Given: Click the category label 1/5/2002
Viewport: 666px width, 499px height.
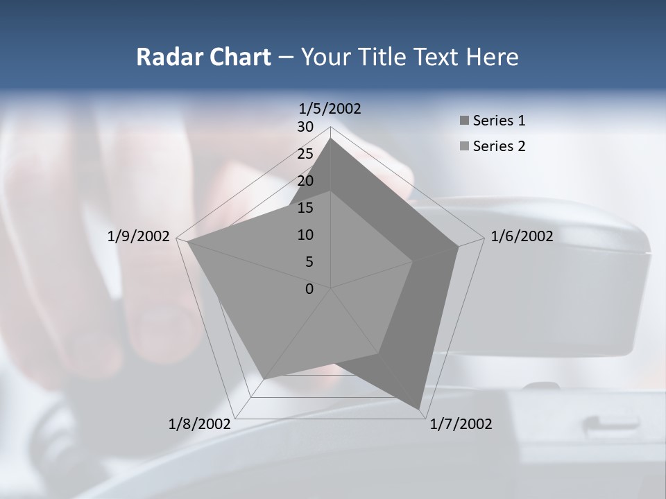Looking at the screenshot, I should click(330, 109).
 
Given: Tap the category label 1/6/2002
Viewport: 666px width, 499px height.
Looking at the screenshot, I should click(522, 236).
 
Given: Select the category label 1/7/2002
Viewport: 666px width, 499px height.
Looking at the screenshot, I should click(461, 424).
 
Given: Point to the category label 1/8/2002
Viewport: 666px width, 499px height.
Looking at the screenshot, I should click(199, 424).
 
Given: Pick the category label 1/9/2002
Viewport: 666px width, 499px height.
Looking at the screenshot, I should click(139, 236).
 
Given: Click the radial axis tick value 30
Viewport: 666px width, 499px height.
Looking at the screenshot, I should click(305, 127).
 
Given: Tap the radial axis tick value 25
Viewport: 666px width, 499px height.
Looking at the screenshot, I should click(305, 154).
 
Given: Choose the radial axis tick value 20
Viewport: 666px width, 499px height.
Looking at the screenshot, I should click(305, 181).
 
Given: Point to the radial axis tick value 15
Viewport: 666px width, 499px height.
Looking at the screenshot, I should click(305, 208).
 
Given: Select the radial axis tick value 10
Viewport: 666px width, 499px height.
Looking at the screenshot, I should click(305, 235).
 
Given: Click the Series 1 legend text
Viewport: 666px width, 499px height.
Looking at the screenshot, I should click(499, 121).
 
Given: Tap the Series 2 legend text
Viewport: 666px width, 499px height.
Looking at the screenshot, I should click(499, 146).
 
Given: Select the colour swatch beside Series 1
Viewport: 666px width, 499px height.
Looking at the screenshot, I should click(464, 121).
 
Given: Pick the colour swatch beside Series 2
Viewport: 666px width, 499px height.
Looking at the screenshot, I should click(464, 147).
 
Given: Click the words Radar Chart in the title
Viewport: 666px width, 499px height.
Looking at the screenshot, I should click(203, 57).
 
